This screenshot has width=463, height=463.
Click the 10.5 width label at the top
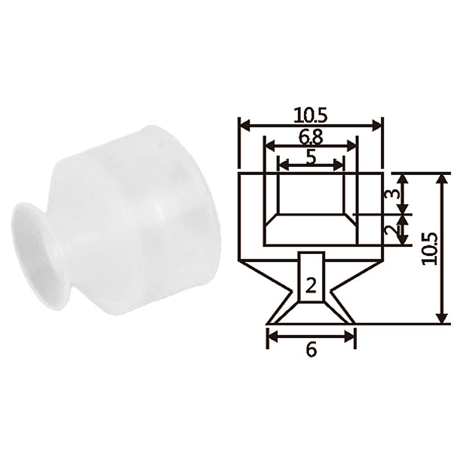(x=311, y=116)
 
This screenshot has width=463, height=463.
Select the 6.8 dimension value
(x=311, y=137)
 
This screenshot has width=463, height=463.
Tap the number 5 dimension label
(x=311, y=157)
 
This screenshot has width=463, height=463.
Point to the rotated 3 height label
(x=392, y=193)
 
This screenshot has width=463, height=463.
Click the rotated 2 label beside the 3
(x=392, y=230)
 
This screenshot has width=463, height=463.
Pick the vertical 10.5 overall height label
(x=429, y=249)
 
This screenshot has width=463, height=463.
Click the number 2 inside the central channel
(x=311, y=286)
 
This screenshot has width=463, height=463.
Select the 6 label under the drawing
(x=311, y=350)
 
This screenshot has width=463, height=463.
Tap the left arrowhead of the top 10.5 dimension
(x=244, y=125)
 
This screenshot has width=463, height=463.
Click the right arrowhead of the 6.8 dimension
(x=352, y=146)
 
